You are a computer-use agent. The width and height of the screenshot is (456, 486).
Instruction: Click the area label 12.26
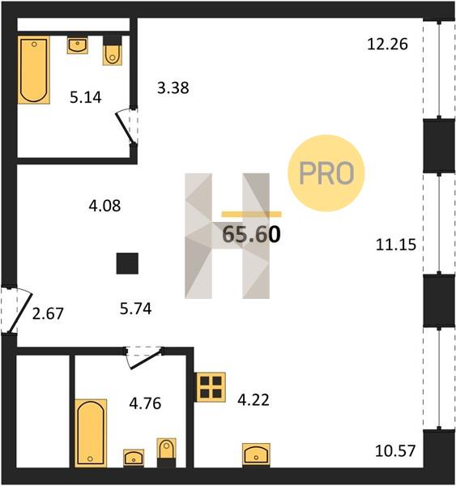coord(387,44)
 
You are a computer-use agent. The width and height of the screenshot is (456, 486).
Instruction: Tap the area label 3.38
coord(173,87)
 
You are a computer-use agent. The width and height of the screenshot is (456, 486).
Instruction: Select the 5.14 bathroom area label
coord(86,97)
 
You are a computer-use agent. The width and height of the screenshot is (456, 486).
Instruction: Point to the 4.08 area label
coord(104,206)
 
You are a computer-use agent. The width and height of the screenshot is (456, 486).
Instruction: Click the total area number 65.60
coord(251,234)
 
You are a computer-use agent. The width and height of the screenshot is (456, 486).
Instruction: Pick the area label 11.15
coord(396,245)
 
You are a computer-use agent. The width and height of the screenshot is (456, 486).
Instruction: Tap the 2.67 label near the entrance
coord(48,313)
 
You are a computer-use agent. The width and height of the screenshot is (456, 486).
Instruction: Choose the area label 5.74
coord(136,309)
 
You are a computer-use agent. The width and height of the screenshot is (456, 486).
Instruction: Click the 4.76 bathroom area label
coord(145,403)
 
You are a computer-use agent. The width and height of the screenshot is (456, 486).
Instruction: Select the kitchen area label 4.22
coord(254,400)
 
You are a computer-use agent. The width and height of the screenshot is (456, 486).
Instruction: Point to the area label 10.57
coord(395,450)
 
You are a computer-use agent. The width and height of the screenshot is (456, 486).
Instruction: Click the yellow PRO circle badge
coord(326,173)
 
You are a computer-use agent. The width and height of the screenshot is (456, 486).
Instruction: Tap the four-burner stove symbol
coord(210,387)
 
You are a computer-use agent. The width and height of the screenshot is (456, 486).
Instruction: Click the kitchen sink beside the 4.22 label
coord(256,454)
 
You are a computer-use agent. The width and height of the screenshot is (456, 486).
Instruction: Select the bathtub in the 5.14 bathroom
coord(34,70)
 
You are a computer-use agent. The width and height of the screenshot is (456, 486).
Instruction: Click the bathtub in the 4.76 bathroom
coord(91,433)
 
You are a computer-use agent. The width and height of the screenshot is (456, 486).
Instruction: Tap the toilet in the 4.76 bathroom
coord(167,453)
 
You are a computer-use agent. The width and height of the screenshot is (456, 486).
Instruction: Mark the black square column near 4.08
coord(127,263)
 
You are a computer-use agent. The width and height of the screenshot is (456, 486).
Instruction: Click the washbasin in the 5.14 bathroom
coord(77,45)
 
